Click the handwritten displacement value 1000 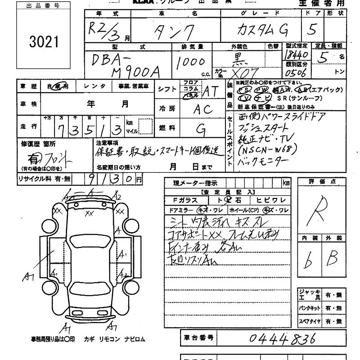click(x=191, y=63)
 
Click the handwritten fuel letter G click(x=201, y=130)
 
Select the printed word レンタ click(x=98, y=86)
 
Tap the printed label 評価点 click(x=320, y=181)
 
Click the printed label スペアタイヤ click(x=310, y=321)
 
